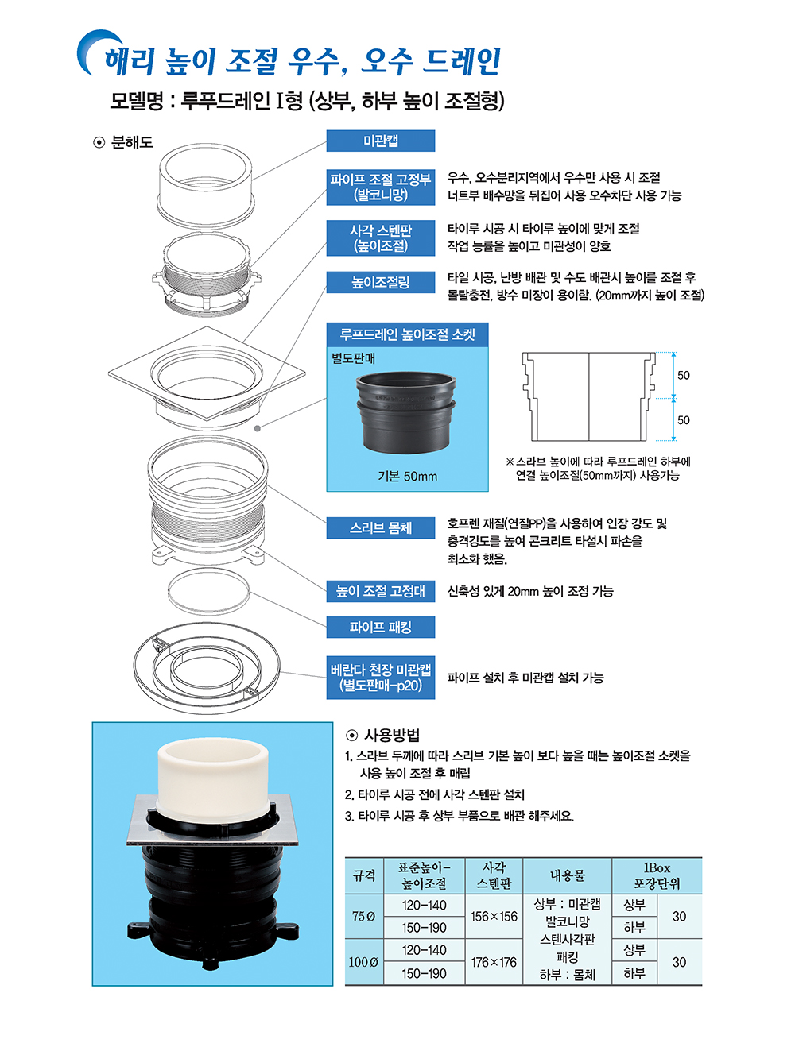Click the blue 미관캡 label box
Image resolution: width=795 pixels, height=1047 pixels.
pos(380,141)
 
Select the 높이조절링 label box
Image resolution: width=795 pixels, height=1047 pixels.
pos(380,282)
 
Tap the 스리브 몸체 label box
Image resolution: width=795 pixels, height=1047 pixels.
pos(380,527)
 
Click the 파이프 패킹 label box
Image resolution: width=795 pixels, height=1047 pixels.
pos(380,627)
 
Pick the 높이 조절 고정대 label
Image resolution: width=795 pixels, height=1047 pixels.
pos(380,591)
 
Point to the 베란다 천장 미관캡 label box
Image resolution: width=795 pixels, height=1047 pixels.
pos(380,678)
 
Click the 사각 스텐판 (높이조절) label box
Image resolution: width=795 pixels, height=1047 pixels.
pos(380,238)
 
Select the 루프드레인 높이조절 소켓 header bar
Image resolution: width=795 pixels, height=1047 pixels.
pos(407,334)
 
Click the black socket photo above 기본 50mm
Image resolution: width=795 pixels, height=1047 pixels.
pos(406,412)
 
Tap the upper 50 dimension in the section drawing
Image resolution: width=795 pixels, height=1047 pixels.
pos(684,376)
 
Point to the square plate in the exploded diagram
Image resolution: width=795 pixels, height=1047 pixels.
pos(207,373)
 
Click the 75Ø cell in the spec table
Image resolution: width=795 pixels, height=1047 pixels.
pos(363,916)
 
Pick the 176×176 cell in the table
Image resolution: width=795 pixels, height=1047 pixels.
pos(494,962)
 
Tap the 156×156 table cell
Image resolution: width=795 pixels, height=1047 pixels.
pos(494,916)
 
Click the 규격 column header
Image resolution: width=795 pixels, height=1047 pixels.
pos(363,875)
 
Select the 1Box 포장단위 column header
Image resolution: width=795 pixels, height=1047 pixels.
pos(657,875)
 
